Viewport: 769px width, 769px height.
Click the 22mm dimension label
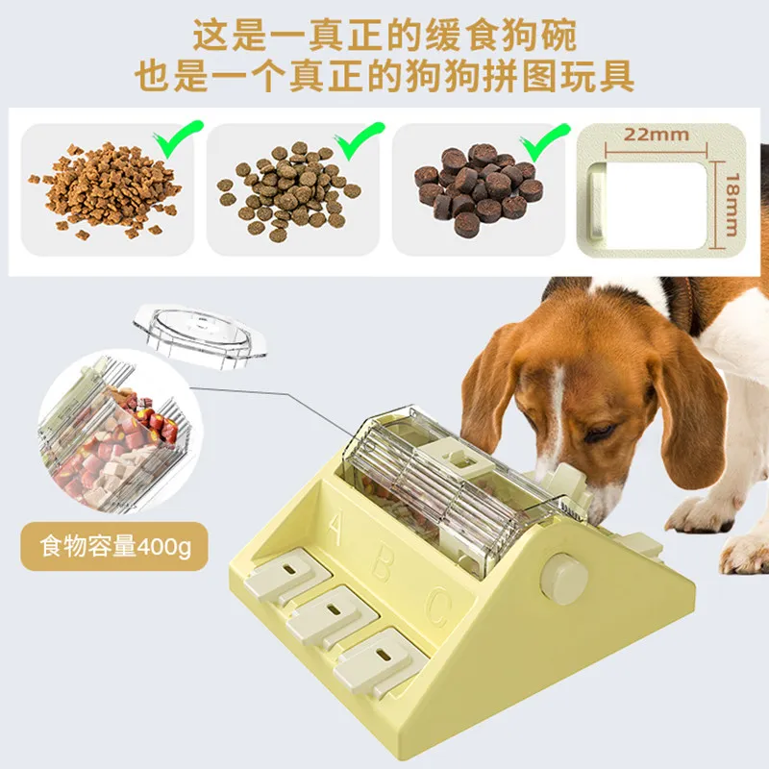click(x=657, y=135)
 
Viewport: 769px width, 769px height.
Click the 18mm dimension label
click(x=732, y=205)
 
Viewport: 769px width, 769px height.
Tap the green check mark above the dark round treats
click(x=545, y=142)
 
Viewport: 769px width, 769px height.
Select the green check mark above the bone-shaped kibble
click(x=178, y=139)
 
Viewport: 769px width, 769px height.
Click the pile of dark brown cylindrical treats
click(x=478, y=186)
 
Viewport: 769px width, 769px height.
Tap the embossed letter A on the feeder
click(x=335, y=528)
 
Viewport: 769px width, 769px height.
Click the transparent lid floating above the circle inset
click(x=200, y=335)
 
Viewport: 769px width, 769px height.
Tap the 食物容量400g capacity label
click(x=114, y=546)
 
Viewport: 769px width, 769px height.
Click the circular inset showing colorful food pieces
click(x=120, y=432)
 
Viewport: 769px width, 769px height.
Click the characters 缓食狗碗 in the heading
click(x=500, y=36)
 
